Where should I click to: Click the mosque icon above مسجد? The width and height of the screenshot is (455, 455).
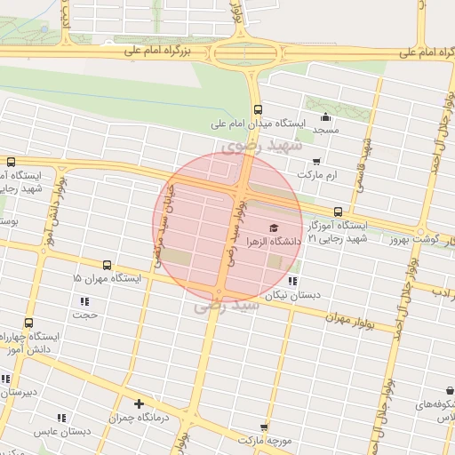(326, 116)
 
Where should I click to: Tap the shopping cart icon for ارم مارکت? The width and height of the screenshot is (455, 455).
(316, 162)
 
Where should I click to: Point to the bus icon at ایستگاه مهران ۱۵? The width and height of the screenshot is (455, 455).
(107, 265)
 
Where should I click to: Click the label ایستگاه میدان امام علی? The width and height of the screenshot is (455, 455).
(258, 125)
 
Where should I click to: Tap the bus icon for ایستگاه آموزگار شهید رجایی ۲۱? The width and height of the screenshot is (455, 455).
(338, 212)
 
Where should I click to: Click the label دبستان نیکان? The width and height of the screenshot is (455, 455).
(297, 294)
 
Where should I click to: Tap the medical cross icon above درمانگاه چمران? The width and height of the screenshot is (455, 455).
(139, 403)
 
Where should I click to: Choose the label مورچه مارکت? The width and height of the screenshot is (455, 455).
(265, 440)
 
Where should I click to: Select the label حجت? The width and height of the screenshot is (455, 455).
(85, 315)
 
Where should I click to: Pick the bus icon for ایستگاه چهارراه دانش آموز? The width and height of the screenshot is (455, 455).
(29, 323)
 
